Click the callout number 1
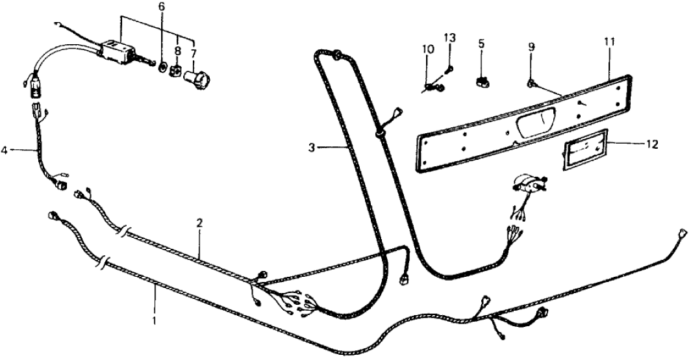tap(154, 321)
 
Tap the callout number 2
tap(200, 223)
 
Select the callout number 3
tap(312, 148)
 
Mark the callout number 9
tap(531, 47)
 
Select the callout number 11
tap(609, 42)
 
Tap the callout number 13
tap(449, 37)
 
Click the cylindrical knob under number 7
tap(197, 82)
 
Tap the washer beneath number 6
tap(163, 68)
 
